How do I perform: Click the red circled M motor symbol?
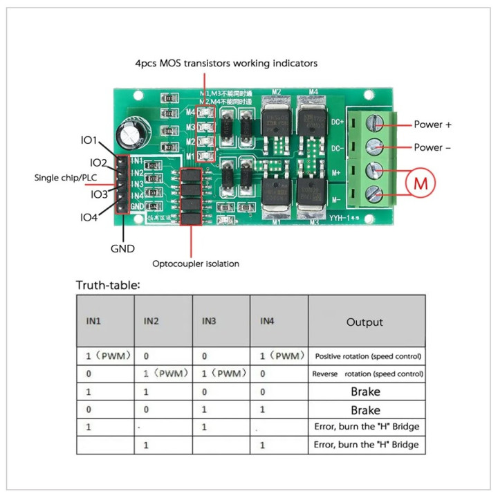click(x=421, y=183)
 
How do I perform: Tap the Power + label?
click(x=432, y=125)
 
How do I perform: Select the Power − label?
click(x=432, y=147)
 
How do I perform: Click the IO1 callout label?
click(x=89, y=140)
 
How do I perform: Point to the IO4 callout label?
click(x=89, y=218)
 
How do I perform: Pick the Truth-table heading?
click(x=109, y=285)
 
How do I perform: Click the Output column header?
click(x=365, y=322)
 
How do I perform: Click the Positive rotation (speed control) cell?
click(x=367, y=356)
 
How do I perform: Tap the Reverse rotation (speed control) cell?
click(x=367, y=374)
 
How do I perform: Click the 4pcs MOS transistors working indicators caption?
click(x=226, y=63)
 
